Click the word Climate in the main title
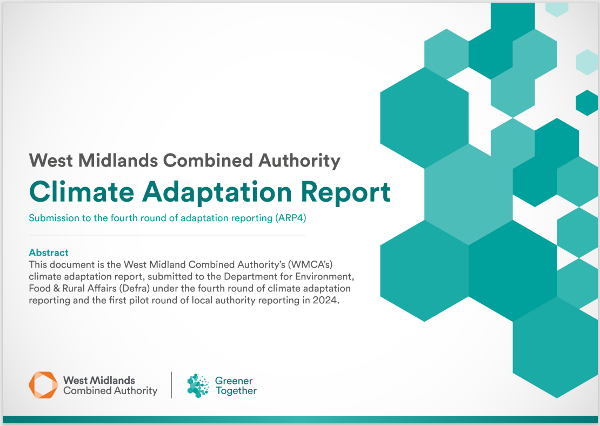click(x=82, y=191)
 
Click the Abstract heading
click(x=49, y=252)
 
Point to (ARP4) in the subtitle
click(x=290, y=218)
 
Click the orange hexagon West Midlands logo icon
click(x=43, y=385)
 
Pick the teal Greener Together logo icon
click(x=198, y=385)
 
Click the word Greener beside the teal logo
click(x=234, y=381)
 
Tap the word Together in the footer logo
click(x=236, y=391)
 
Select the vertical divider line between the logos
click(x=171, y=385)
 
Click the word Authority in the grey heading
click(x=299, y=161)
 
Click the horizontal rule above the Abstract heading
click(x=167, y=235)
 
